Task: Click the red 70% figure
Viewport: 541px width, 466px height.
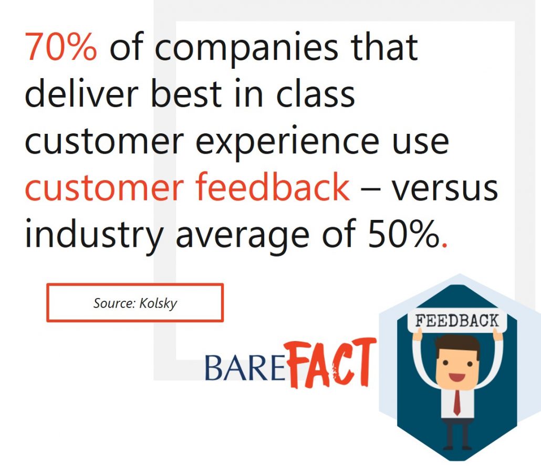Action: point(61,47)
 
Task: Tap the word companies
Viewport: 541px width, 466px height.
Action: point(246,48)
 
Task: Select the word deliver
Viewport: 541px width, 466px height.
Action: point(81,92)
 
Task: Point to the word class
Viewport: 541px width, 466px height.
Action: point(315,92)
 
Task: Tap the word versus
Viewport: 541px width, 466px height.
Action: point(445,189)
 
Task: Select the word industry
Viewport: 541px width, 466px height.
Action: point(94,235)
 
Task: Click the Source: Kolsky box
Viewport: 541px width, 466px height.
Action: point(135,303)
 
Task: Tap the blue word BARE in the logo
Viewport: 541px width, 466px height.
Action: point(245,368)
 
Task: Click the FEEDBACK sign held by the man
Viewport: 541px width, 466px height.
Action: point(457,321)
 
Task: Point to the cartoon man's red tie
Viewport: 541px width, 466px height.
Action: point(456,403)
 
